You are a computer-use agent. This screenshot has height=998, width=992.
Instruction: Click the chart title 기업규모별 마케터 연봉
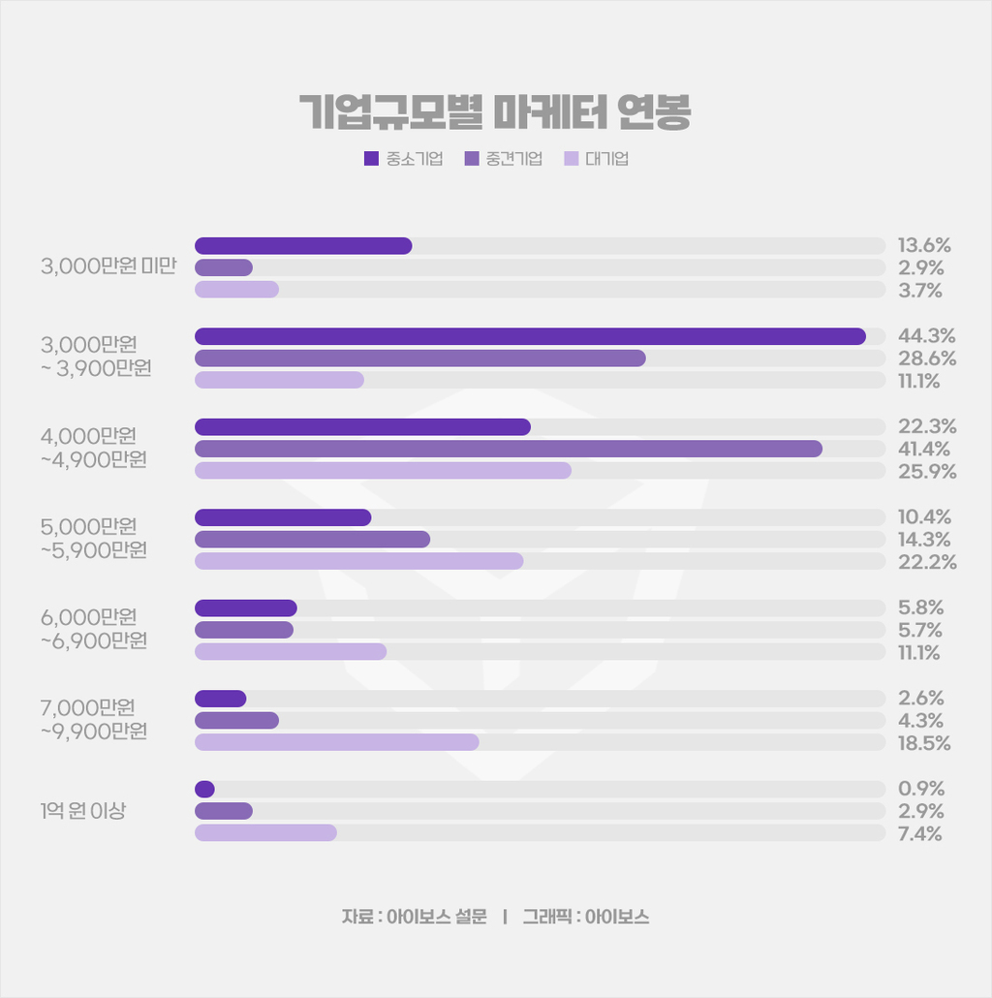(x=495, y=113)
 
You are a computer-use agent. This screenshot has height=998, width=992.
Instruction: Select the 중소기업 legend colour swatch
(x=371, y=159)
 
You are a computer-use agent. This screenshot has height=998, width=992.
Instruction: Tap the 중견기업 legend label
(x=513, y=159)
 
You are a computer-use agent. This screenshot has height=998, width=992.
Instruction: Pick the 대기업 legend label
(x=607, y=159)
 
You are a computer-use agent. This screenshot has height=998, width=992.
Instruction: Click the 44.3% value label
(x=926, y=336)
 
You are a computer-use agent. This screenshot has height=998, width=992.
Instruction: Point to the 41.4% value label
(x=924, y=449)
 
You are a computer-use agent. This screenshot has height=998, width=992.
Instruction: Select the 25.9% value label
(x=927, y=472)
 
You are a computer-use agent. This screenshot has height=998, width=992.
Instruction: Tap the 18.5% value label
(x=924, y=743)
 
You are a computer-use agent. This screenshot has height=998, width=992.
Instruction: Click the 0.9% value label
(x=921, y=789)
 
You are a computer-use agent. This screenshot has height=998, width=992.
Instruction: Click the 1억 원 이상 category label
(x=83, y=811)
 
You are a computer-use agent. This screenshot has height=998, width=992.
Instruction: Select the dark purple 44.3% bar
(x=530, y=336)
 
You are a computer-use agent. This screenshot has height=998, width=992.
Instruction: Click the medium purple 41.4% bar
(x=509, y=449)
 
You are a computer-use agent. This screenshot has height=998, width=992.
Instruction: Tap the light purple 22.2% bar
(x=358, y=561)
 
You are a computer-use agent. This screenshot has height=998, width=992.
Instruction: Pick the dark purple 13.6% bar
(x=303, y=245)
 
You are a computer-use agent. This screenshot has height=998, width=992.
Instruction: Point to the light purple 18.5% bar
(x=336, y=742)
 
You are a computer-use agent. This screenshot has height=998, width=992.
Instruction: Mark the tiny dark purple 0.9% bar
(x=204, y=789)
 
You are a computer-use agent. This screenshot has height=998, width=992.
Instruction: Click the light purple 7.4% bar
(x=265, y=833)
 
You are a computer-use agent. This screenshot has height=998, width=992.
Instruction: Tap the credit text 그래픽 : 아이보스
(x=585, y=917)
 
